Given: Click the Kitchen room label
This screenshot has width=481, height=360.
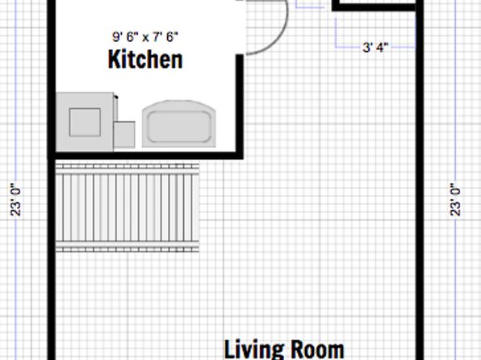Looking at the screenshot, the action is [145, 59].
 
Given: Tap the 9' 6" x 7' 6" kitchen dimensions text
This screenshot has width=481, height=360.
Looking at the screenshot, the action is [145, 37].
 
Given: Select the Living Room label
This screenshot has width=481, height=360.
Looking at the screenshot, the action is [284, 350].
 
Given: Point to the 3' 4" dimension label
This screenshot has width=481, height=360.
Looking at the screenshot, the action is [375, 48].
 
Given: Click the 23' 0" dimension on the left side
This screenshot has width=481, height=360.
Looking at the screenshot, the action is [16, 200].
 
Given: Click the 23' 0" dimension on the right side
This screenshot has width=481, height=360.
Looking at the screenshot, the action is [455, 200].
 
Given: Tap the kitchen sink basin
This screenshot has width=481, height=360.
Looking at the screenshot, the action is [179, 127].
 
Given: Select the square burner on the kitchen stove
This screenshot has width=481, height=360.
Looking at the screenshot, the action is [85, 122].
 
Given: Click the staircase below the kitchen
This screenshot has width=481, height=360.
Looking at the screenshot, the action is [128, 207].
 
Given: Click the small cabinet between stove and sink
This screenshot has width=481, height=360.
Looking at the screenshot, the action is [124, 135].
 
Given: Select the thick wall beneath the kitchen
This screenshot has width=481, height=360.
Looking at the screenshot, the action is [145, 155].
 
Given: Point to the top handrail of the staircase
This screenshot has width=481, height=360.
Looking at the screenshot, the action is [128, 166].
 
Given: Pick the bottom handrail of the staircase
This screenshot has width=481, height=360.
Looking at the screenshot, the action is [128, 249].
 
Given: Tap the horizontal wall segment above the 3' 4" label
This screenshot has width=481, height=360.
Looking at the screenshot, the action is [374, 7].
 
